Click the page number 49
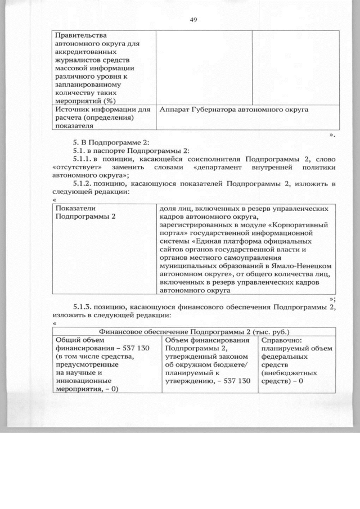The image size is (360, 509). tap(192, 20)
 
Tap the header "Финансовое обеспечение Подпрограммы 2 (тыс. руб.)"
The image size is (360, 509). tap(193, 332)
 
